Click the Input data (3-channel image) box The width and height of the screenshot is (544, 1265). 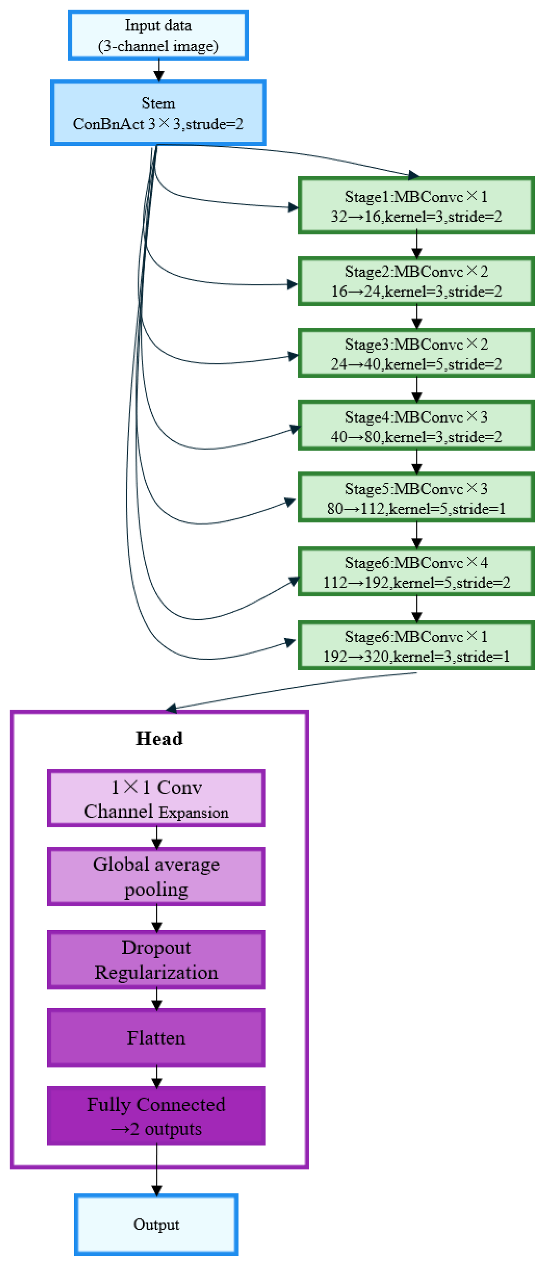point(158,35)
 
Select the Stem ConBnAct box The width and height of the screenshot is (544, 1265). point(158,113)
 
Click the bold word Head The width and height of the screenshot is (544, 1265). point(159,738)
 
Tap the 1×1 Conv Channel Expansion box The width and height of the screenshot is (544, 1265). point(156,798)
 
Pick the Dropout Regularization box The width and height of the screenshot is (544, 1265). point(156,960)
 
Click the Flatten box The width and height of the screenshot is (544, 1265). point(156,1038)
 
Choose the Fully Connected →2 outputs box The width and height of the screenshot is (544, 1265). point(156,1116)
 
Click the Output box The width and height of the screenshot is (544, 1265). point(156,1224)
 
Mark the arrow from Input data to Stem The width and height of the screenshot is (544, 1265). point(159,70)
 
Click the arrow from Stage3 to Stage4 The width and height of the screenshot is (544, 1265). point(417,389)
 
